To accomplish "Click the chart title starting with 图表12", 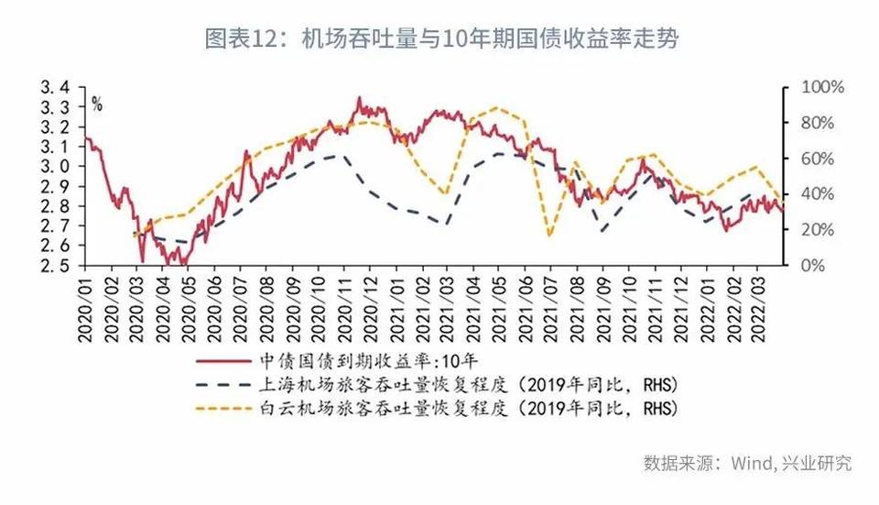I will [x=439, y=39].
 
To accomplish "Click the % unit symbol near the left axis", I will [x=96, y=104].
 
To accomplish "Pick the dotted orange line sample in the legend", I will [x=241, y=404].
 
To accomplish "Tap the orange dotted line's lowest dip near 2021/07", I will [x=549, y=236].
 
